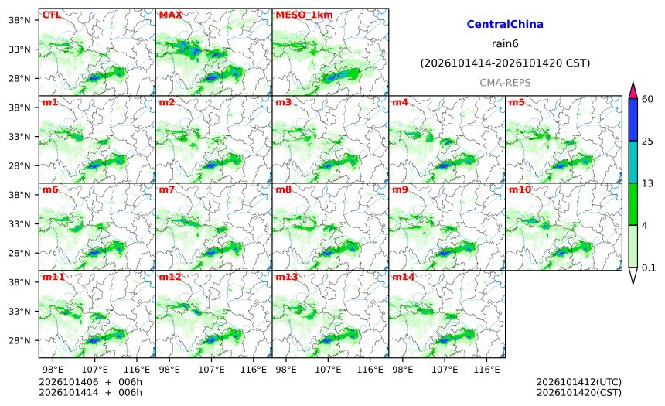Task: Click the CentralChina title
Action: (x=505, y=24)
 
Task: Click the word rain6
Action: (x=505, y=44)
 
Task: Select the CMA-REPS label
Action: (x=505, y=83)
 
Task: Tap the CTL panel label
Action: (x=51, y=15)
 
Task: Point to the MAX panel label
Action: (x=170, y=15)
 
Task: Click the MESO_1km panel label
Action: (x=304, y=15)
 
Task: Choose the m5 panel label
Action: (x=516, y=102)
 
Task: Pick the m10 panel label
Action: (x=520, y=189)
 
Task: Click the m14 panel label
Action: (x=403, y=277)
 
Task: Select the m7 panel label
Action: (x=167, y=189)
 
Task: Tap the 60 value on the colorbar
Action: (x=647, y=99)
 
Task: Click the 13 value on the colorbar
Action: (x=647, y=184)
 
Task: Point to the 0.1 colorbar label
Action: (x=649, y=268)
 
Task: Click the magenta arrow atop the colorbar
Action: (x=633, y=90)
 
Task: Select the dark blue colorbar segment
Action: (x=633, y=120)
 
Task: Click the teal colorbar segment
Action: (x=633, y=162)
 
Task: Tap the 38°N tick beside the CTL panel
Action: (x=19, y=20)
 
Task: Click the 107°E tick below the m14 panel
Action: (x=445, y=370)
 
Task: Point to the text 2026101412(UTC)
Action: (x=579, y=382)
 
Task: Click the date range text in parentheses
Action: (x=505, y=63)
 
